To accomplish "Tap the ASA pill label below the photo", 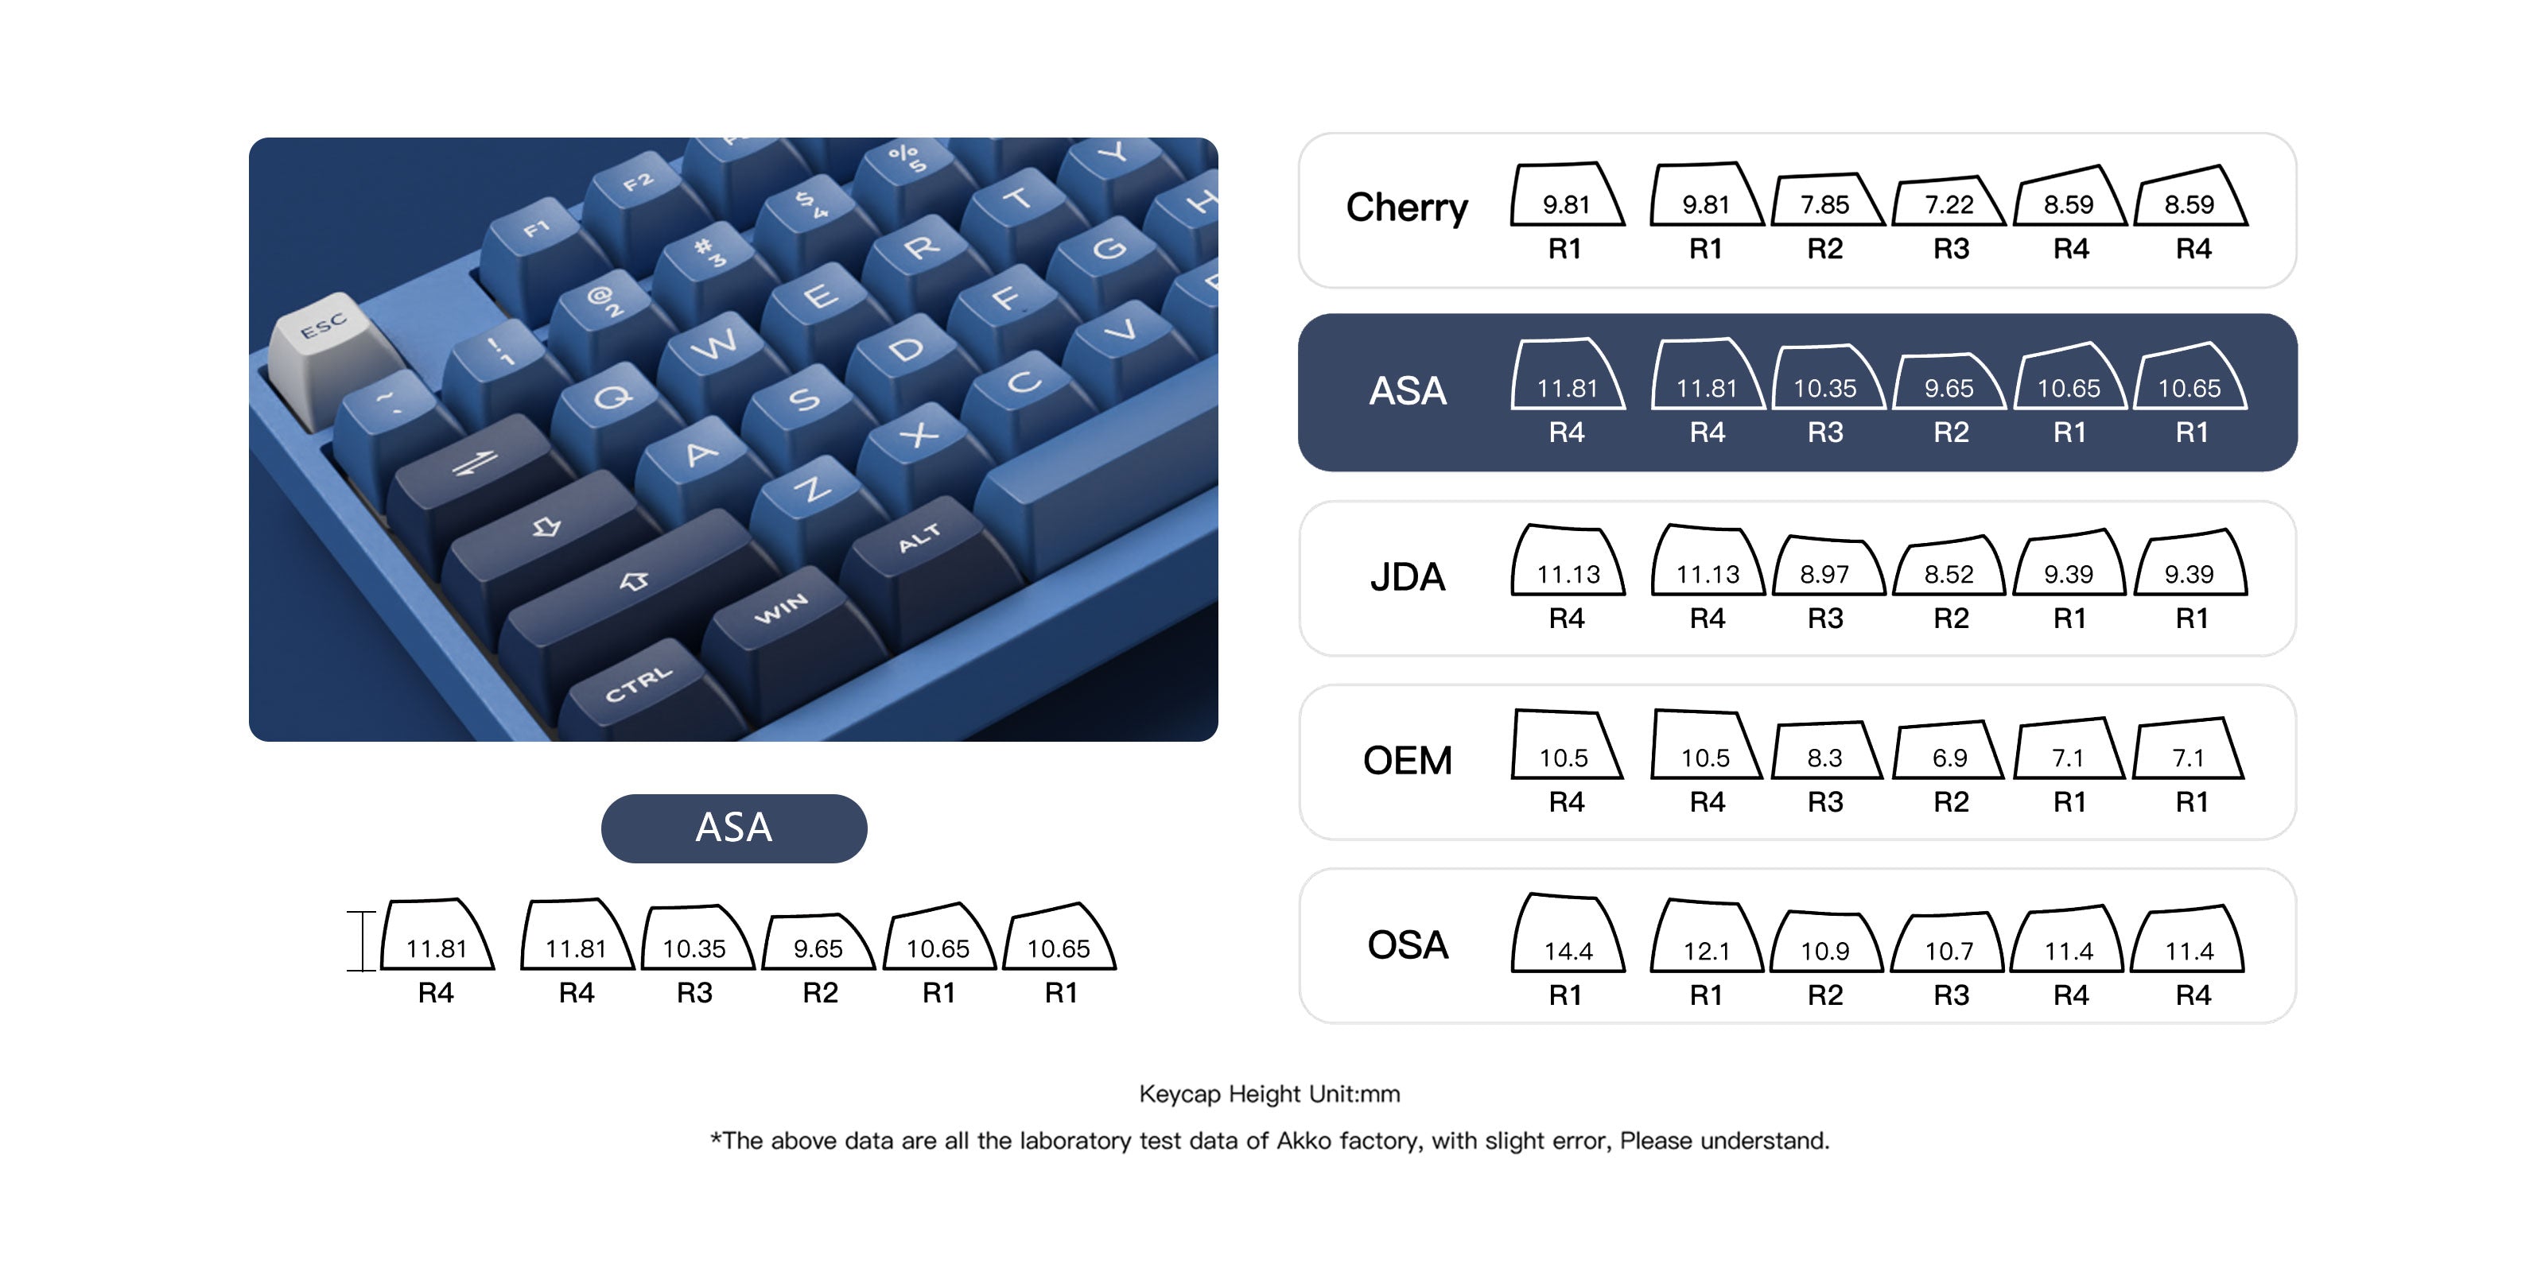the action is (x=734, y=828).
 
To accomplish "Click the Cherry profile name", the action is (x=1407, y=208).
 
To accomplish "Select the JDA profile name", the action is (x=1407, y=576).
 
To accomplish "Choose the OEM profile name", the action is (x=1407, y=761).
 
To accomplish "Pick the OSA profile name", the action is (x=1407, y=945).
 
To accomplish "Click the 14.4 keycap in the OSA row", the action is (x=1568, y=933).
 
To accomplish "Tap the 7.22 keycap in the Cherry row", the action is (x=1949, y=201).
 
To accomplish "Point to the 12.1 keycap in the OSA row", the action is (x=1706, y=937).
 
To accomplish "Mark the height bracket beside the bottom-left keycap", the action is (x=362, y=941).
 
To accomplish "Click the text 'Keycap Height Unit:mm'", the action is (x=1269, y=1094).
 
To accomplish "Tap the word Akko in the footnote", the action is (x=1304, y=1141).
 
